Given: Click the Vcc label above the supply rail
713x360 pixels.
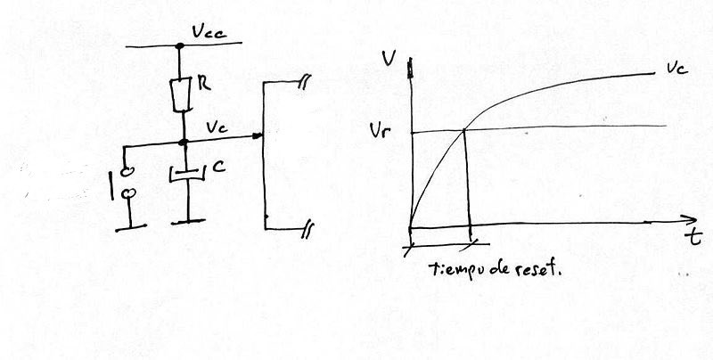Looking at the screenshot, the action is pos(209,32).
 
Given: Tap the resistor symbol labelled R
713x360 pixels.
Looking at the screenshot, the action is pos(182,95).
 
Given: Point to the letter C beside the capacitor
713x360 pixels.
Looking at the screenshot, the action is pos(218,167).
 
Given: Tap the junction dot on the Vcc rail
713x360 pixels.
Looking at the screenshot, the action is pos(180,45).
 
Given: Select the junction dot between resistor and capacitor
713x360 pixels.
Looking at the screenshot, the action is pos(184,143).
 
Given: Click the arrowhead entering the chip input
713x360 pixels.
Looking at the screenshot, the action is pos(258,135).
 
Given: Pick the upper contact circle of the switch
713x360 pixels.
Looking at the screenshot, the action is pos(127,171).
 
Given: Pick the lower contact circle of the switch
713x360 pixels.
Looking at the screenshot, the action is pos(129,193).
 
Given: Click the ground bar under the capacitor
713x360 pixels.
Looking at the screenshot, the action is pos(188,222).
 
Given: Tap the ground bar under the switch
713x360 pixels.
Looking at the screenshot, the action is pos(131,228).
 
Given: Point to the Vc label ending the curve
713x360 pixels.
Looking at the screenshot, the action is pos(677,69).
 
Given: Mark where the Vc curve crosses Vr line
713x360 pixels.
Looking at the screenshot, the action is pos(464,130).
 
